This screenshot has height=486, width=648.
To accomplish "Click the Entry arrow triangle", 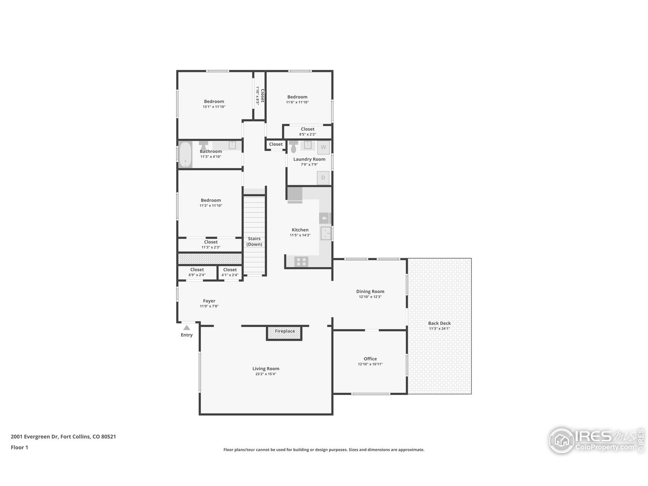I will (x=186, y=328).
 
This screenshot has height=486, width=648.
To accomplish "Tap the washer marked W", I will (x=323, y=147).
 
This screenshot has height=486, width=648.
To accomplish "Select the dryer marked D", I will (x=323, y=178).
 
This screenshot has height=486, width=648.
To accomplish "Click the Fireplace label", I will (x=285, y=331).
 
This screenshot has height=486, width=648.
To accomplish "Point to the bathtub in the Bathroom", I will (x=185, y=154).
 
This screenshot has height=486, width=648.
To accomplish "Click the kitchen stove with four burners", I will (x=301, y=262).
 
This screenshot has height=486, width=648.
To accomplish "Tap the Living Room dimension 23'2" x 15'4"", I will (x=266, y=374).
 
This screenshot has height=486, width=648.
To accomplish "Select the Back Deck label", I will (x=439, y=323).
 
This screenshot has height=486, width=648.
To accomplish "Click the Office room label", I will (x=370, y=358).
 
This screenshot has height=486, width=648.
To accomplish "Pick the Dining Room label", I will (x=370, y=291).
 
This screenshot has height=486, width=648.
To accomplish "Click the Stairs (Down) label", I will (x=254, y=241).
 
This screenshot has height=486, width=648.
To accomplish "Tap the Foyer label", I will (x=209, y=301).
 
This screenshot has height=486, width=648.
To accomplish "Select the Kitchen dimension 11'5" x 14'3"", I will (x=300, y=235).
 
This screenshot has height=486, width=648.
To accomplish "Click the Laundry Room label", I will (x=309, y=159).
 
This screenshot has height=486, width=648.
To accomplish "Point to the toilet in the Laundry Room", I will (x=294, y=147).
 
